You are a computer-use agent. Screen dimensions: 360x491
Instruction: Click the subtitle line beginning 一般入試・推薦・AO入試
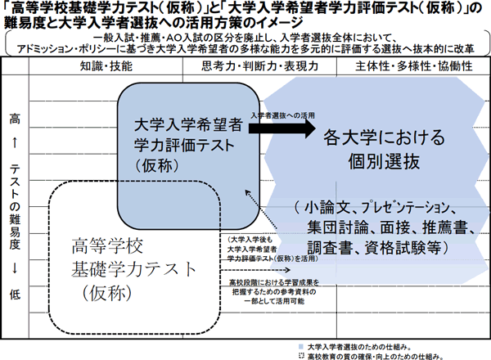(245, 37)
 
